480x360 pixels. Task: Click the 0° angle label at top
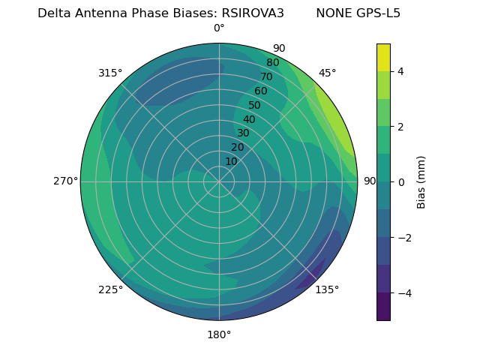point(219,28)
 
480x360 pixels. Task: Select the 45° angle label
point(327,73)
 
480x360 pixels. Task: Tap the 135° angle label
point(327,289)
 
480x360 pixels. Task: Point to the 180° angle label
point(219,334)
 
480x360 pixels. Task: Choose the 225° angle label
point(110,289)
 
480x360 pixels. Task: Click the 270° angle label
point(65,181)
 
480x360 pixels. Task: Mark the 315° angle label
point(110,73)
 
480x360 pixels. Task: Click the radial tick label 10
point(231,161)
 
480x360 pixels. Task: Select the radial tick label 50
point(254,105)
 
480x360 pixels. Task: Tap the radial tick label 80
point(272,63)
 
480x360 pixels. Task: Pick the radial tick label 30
point(243,133)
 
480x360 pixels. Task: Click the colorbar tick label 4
point(401,71)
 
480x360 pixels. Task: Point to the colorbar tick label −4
point(403,292)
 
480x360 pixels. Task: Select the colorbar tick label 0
point(401,181)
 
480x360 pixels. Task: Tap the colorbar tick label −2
point(403,237)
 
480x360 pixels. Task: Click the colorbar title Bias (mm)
point(421,181)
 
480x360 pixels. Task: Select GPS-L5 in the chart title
point(377,13)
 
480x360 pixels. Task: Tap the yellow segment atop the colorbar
point(383,58)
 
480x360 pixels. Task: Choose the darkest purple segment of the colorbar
point(383,306)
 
